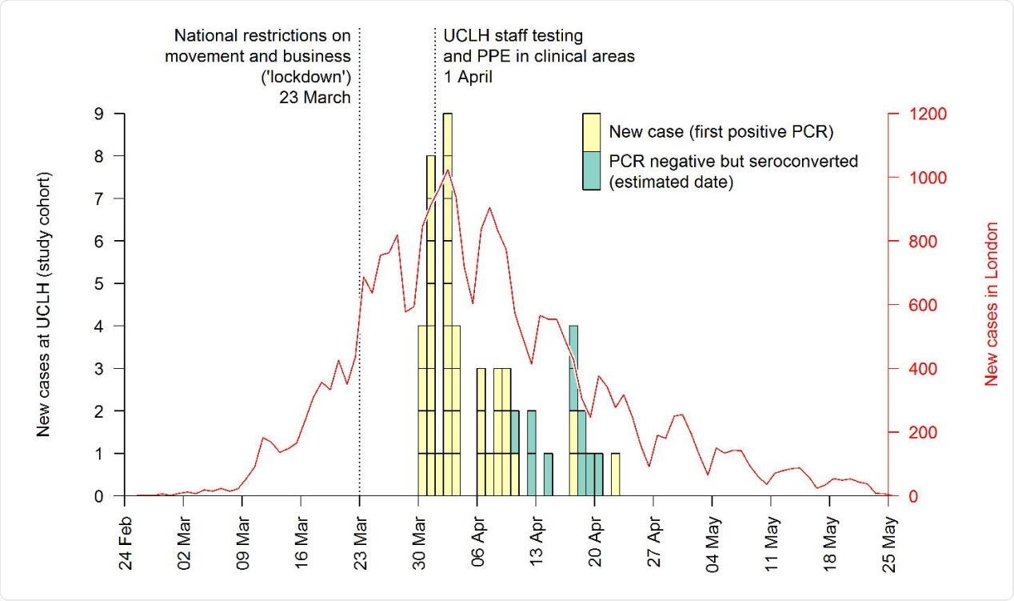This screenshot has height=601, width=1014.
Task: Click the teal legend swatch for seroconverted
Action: (592, 170)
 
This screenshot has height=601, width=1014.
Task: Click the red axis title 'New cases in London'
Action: (992, 304)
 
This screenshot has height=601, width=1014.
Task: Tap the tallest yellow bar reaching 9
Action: (448, 304)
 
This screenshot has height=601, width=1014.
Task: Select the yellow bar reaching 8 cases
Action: (431, 320)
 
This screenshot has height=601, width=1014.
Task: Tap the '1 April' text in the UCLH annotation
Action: (469, 78)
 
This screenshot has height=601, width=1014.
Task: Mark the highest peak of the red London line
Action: (448, 170)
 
